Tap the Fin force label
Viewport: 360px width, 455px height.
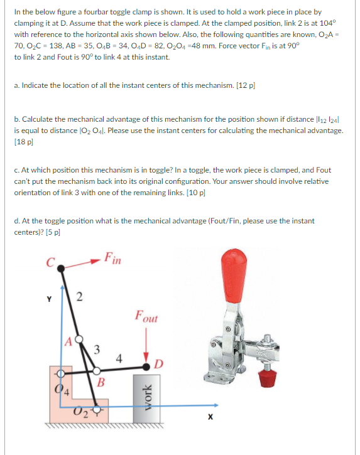pos(113,257)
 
